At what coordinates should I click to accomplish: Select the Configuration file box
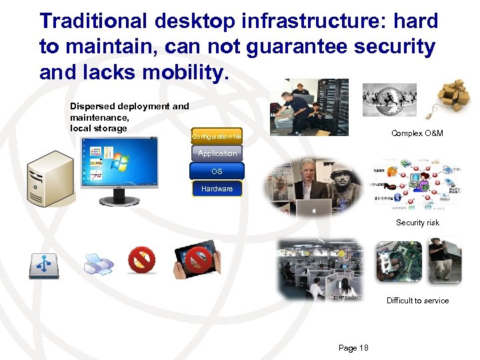(x=217, y=137)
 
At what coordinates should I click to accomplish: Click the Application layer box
(x=217, y=153)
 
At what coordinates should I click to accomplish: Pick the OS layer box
(x=217, y=171)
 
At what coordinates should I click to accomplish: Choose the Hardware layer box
(x=217, y=189)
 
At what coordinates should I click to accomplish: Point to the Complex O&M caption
(x=417, y=133)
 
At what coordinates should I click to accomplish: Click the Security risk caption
(x=417, y=223)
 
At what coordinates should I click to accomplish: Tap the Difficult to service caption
(x=417, y=301)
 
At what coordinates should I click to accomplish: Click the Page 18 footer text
(x=353, y=348)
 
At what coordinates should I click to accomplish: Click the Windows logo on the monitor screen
(x=121, y=162)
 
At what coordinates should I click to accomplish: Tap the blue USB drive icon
(x=43, y=265)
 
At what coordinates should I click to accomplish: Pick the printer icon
(x=99, y=265)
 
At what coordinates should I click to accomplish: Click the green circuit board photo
(x=399, y=261)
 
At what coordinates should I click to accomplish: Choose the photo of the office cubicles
(x=321, y=268)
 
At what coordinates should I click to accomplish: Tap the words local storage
(x=98, y=128)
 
